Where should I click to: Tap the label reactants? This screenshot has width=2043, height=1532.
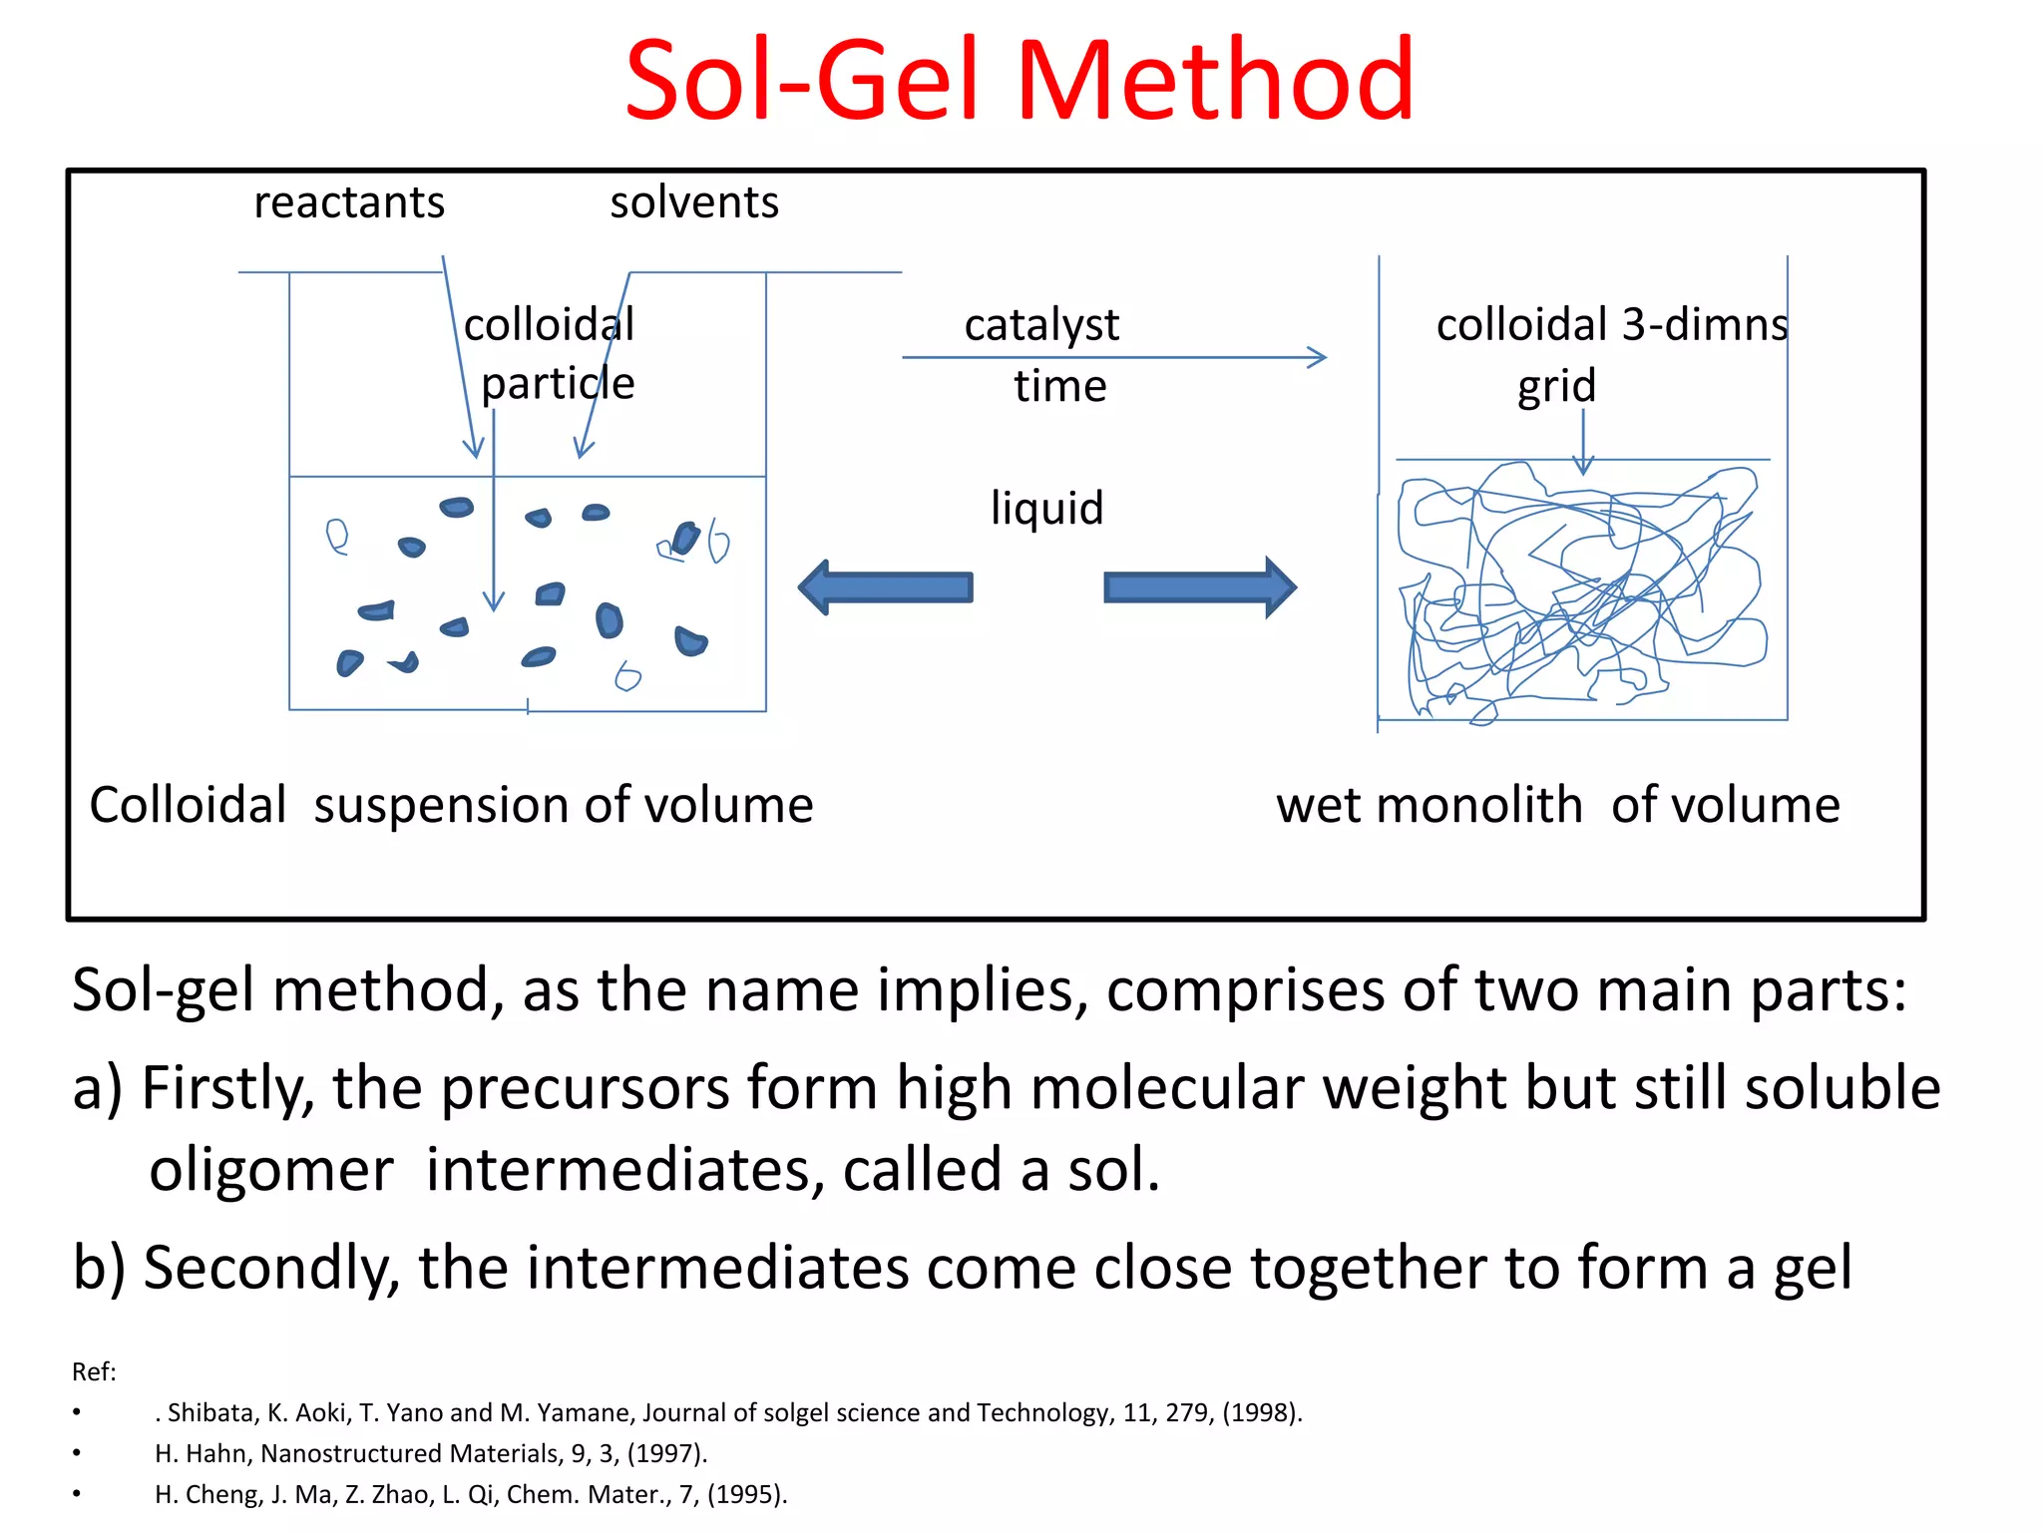click(349, 202)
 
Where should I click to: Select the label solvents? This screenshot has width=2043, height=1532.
click(694, 202)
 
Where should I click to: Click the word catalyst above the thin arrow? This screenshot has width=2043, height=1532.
click(1041, 325)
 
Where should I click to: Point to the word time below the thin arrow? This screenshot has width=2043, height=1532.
click(1060, 386)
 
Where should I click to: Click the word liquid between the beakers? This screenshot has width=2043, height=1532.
click(1046, 508)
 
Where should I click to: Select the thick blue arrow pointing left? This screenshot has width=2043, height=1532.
click(886, 587)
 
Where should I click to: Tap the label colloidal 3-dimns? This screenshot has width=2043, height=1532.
click(1611, 325)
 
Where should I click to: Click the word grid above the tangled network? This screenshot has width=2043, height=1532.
click(1556, 386)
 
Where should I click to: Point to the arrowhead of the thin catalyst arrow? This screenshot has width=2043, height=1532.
click(1319, 357)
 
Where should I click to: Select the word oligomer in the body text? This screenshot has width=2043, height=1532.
click(271, 1169)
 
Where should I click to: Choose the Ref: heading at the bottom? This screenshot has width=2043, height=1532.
click(94, 1372)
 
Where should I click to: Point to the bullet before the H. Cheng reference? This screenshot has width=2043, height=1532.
click(77, 1494)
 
